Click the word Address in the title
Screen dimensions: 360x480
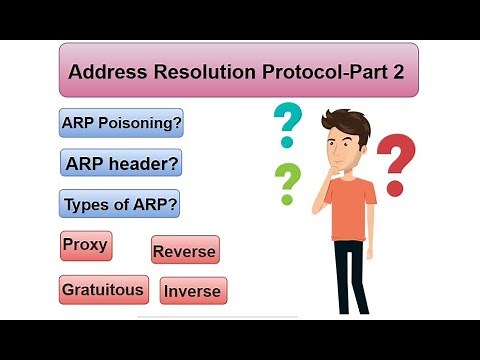[106, 72]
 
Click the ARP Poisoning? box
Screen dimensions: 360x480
[121, 123]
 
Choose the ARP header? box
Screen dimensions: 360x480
[121, 163]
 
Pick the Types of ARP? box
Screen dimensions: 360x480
[121, 205]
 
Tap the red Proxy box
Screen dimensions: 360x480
[84, 245]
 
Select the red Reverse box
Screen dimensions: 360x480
[184, 251]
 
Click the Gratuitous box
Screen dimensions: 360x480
[103, 290]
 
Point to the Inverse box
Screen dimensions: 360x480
[193, 292]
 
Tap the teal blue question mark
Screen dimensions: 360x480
[288, 125]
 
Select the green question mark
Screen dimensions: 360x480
[288, 181]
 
